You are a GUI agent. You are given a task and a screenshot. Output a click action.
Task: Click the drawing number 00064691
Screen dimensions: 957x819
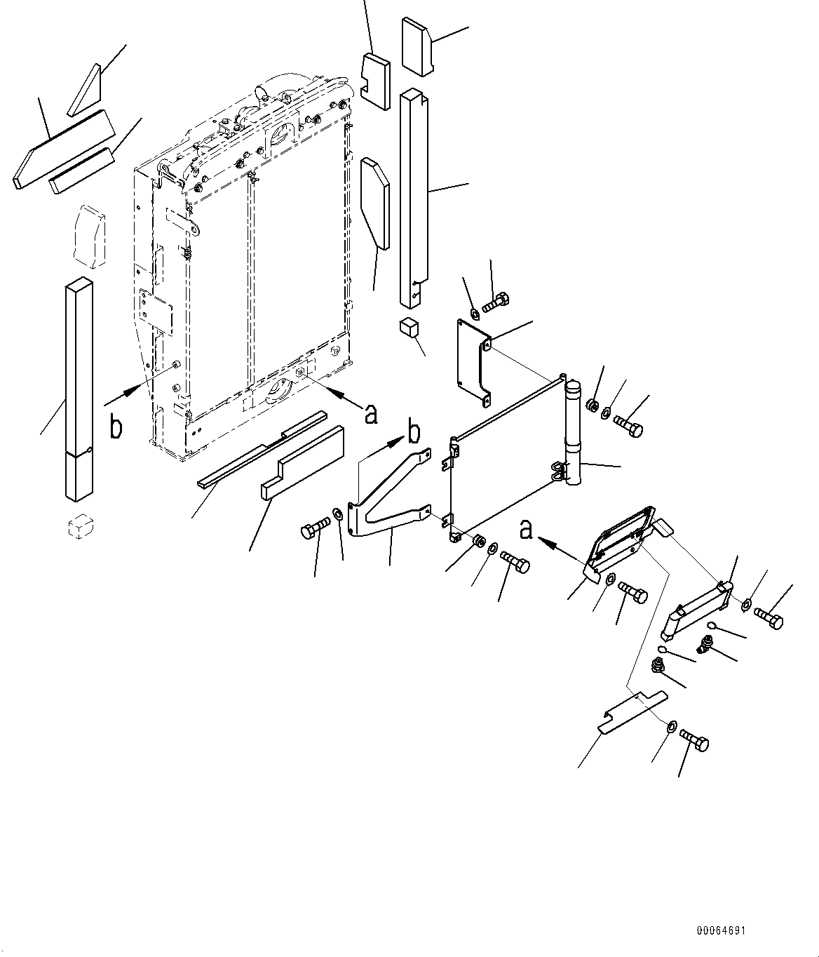click(721, 930)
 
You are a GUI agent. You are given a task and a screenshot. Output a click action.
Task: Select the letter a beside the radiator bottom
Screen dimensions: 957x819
click(371, 413)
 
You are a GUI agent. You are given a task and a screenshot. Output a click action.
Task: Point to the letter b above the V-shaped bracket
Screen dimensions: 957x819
click(415, 433)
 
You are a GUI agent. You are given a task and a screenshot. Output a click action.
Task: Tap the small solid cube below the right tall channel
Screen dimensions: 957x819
click(408, 328)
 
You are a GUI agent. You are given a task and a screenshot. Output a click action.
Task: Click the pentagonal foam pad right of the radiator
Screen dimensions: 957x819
click(374, 203)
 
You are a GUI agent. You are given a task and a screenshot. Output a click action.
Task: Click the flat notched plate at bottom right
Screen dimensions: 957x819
click(630, 711)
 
